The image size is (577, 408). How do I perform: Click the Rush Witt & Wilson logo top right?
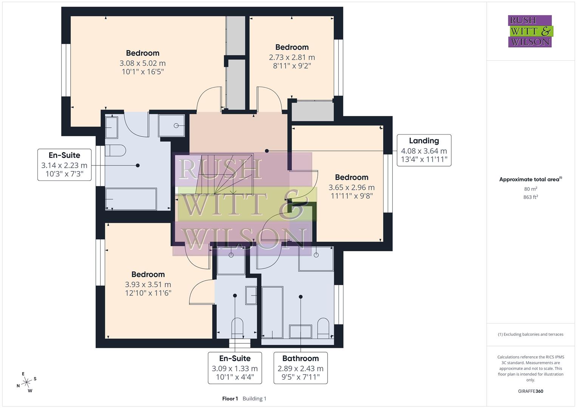click(x=530, y=31)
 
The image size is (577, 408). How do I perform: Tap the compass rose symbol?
click(x=26, y=382)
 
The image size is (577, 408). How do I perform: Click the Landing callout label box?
click(x=424, y=150)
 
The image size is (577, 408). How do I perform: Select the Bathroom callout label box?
click(x=300, y=368)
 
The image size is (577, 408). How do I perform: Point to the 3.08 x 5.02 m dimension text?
click(x=142, y=63)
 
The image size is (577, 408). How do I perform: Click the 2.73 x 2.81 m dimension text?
click(x=292, y=57)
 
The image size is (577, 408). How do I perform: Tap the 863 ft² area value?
click(x=531, y=197)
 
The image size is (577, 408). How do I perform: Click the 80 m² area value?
click(x=531, y=189)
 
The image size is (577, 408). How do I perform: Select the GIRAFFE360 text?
click(x=531, y=391)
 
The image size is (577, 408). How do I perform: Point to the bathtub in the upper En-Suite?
click(x=131, y=199)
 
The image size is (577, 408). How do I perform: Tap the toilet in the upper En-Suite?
click(x=115, y=150)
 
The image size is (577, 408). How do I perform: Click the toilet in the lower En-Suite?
click(x=237, y=328)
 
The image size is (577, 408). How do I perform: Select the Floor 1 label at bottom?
click(x=230, y=399)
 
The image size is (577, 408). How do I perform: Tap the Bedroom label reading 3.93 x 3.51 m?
click(x=148, y=275)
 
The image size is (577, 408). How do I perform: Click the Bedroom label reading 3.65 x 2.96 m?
click(x=351, y=178)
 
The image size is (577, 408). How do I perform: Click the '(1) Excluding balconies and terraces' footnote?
click(x=531, y=334)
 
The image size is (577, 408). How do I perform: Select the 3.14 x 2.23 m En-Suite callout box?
click(x=64, y=165)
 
